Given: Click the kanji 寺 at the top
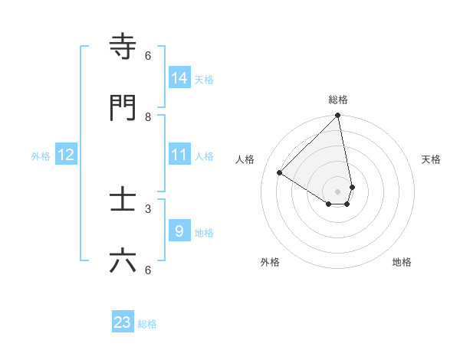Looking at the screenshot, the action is [x=123, y=47].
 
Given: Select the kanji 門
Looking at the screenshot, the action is [x=123, y=108].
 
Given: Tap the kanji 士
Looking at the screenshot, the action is [x=123, y=200].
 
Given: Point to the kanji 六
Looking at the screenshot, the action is [x=123, y=261].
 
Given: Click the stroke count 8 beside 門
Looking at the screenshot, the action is [x=148, y=117].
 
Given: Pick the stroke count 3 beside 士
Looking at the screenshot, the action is [x=148, y=208].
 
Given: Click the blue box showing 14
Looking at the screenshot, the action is [x=179, y=78].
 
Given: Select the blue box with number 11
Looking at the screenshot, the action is [x=179, y=155].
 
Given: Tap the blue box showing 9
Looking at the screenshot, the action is [x=179, y=231].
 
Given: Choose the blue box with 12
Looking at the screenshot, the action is [x=66, y=155].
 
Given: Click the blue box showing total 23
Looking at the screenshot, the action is [x=123, y=322].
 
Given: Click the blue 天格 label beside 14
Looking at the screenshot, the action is [x=204, y=80].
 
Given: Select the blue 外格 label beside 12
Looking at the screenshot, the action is [x=41, y=156].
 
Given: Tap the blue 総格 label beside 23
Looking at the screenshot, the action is [x=147, y=324].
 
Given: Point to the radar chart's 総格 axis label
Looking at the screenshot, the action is [x=338, y=100].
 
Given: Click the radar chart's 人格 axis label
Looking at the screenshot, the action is [x=245, y=159].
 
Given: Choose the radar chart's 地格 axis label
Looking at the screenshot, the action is [x=402, y=262].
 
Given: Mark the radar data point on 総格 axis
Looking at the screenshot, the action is [x=337, y=116].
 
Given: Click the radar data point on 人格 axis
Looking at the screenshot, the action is [x=280, y=173].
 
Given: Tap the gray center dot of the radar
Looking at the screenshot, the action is [x=337, y=191].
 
